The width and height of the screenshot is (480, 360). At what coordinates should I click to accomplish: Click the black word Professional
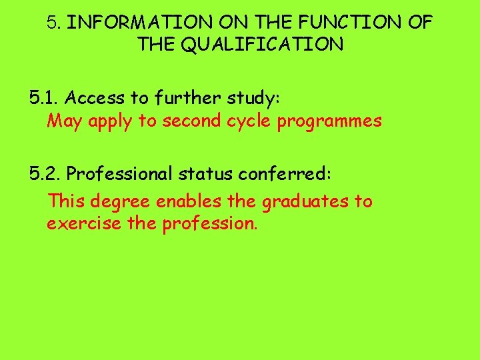pos(119,174)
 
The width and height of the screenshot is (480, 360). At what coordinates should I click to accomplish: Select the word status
pos(207,174)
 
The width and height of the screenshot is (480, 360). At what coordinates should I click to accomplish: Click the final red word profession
pos(209,223)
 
